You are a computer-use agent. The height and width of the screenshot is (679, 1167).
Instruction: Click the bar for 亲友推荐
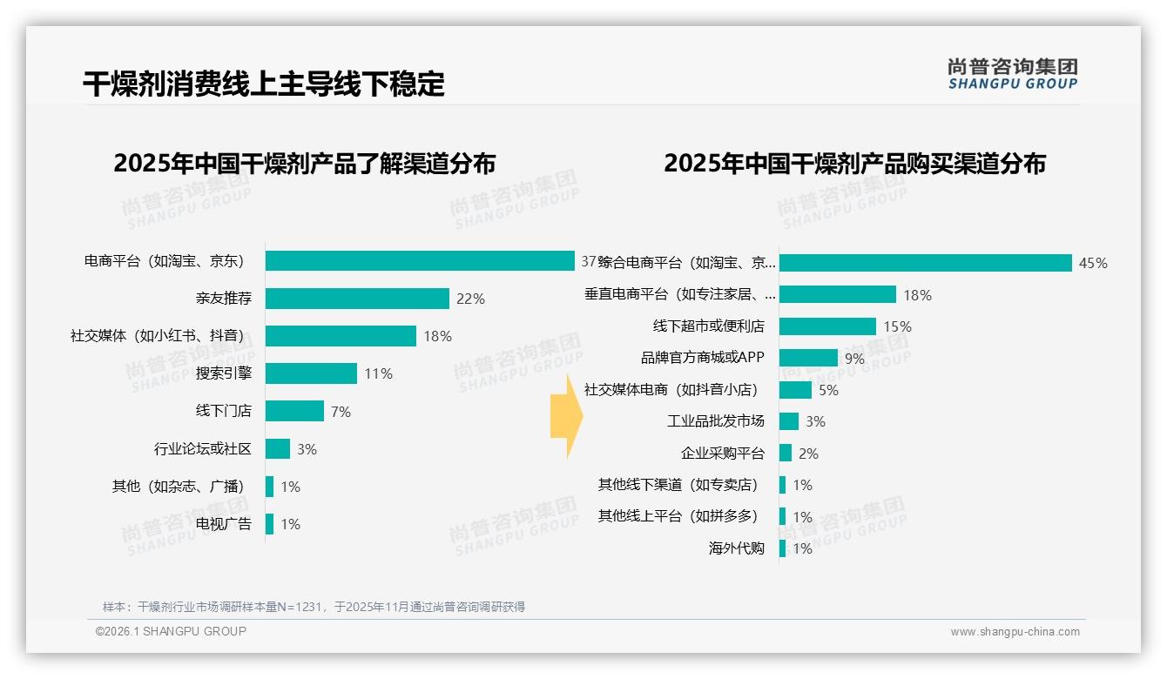point(357,299)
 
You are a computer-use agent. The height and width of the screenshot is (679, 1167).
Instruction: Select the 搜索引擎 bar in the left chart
point(311,373)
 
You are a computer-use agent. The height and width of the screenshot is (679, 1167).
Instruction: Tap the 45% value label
point(1093,263)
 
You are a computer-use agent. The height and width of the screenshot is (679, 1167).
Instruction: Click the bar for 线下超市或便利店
point(827,326)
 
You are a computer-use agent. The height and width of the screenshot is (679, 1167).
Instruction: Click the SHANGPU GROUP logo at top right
point(1013,74)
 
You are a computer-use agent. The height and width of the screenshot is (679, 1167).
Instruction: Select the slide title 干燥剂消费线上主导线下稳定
point(264,84)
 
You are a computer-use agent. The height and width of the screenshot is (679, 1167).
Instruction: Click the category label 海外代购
point(736,548)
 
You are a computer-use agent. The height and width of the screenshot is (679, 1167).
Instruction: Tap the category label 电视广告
point(223,524)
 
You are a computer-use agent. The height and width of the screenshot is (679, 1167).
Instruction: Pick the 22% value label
point(470,299)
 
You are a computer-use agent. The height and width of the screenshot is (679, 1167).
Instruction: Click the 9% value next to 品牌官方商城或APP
point(854,359)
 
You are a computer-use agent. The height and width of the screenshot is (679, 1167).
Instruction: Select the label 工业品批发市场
point(716,421)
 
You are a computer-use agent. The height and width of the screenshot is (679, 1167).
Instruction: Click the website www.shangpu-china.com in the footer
point(1015,632)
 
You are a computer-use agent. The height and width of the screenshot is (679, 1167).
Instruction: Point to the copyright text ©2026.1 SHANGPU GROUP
point(171,631)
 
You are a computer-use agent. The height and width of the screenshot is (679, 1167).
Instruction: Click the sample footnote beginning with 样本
point(314,607)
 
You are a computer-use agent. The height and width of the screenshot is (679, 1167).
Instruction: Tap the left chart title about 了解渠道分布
point(304,164)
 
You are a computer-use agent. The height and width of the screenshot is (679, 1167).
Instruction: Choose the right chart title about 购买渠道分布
point(854,164)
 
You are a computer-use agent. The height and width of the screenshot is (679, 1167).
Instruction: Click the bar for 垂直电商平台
point(837,294)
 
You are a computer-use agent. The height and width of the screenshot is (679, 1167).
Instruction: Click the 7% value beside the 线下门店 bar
point(341,412)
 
